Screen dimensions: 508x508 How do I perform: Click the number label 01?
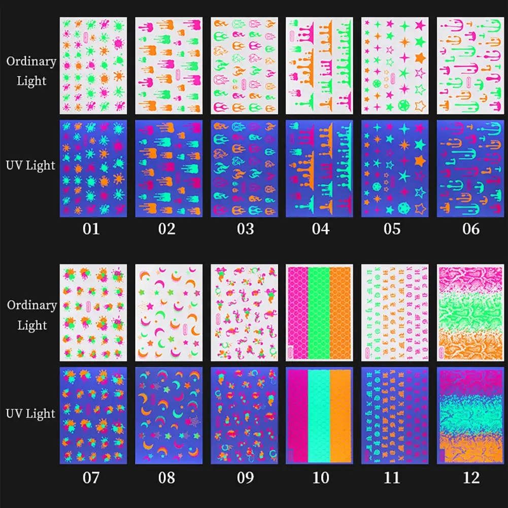(x=92, y=229)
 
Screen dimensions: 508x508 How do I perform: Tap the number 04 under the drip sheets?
(x=320, y=229)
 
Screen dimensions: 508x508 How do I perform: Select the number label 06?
(x=471, y=229)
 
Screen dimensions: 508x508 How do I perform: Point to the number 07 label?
(x=92, y=477)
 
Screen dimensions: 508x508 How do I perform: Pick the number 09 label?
(x=245, y=477)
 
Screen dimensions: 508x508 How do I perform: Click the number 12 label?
(x=471, y=477)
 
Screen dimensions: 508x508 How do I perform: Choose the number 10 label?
(x=320, y=477)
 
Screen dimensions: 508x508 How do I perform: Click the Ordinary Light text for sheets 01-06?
(x=31, y=71)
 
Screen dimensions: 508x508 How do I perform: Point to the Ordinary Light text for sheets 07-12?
(x=31, y=315)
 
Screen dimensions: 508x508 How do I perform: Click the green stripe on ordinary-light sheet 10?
(x=319, y=312)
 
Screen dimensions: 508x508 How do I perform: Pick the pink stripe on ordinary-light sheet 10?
(x=298, y=312)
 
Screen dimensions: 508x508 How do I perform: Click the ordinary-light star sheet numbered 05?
(x=395, y=66)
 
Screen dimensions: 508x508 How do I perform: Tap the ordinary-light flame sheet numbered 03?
(x=245, y=66)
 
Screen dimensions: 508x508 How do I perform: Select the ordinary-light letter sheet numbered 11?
(x=395, y=312)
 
